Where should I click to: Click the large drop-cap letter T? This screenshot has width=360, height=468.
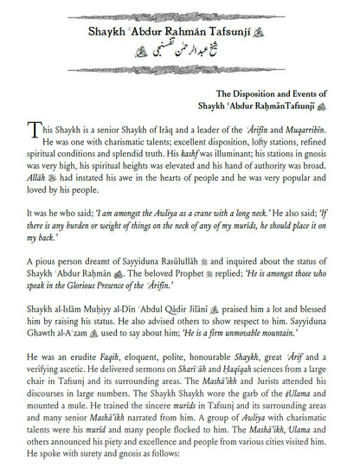pos(34,131)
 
